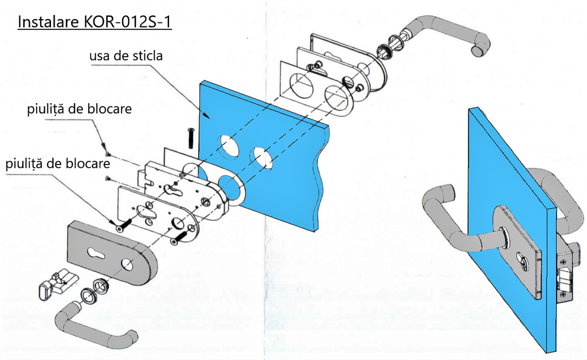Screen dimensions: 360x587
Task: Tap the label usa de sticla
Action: click(x=126, y=56)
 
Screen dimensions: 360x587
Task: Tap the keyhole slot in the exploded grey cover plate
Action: click(x=99, y=252)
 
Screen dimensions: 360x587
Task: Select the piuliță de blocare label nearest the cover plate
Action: click(x=57, y=164)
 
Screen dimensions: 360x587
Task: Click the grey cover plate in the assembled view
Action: click(x=516, y=252)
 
